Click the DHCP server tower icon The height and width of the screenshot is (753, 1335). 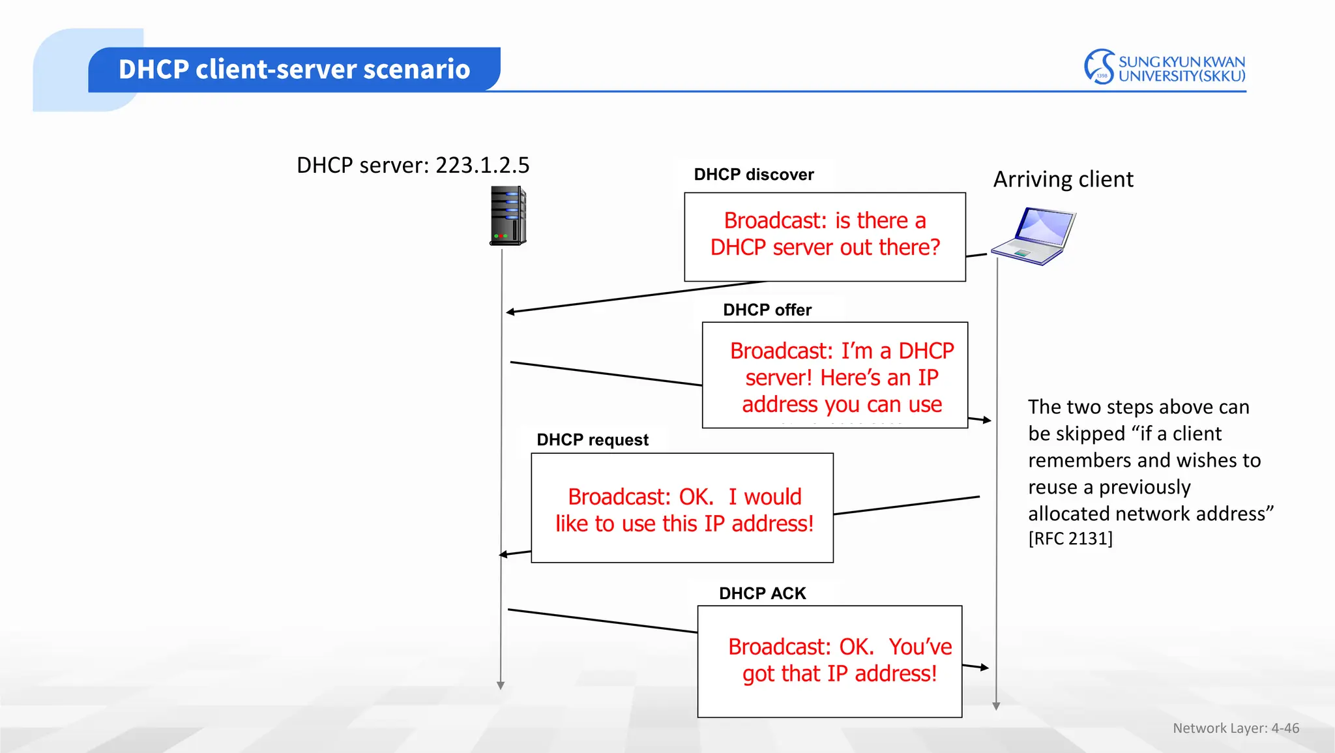(508, 216)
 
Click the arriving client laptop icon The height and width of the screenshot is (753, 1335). (1034, 236)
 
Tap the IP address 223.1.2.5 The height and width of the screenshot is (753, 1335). (482, 166)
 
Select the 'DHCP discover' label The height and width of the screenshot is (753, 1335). (754, 175)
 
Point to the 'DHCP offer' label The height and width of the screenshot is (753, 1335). (767, 310)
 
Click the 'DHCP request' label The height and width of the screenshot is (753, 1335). (593, 440)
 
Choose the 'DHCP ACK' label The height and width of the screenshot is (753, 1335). (762, 593)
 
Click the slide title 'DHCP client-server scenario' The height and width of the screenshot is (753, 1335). (294, 69)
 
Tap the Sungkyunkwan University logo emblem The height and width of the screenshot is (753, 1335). (1099, 66)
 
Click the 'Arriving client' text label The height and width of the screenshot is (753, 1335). (1063, 179)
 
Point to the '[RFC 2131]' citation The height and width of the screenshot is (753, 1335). (1070, 539)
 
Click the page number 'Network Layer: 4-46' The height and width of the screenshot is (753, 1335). (1235, 728)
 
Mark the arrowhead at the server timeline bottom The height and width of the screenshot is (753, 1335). (501, 685)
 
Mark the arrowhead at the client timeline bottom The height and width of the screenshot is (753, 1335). (996, 706)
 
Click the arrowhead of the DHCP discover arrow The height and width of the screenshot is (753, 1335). (510, 312)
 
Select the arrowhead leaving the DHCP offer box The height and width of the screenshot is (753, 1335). (987, 421)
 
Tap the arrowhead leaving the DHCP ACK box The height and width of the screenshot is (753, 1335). (984, 668)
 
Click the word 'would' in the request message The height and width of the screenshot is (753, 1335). (772, 497)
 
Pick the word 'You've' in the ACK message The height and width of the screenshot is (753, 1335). (920, 647)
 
